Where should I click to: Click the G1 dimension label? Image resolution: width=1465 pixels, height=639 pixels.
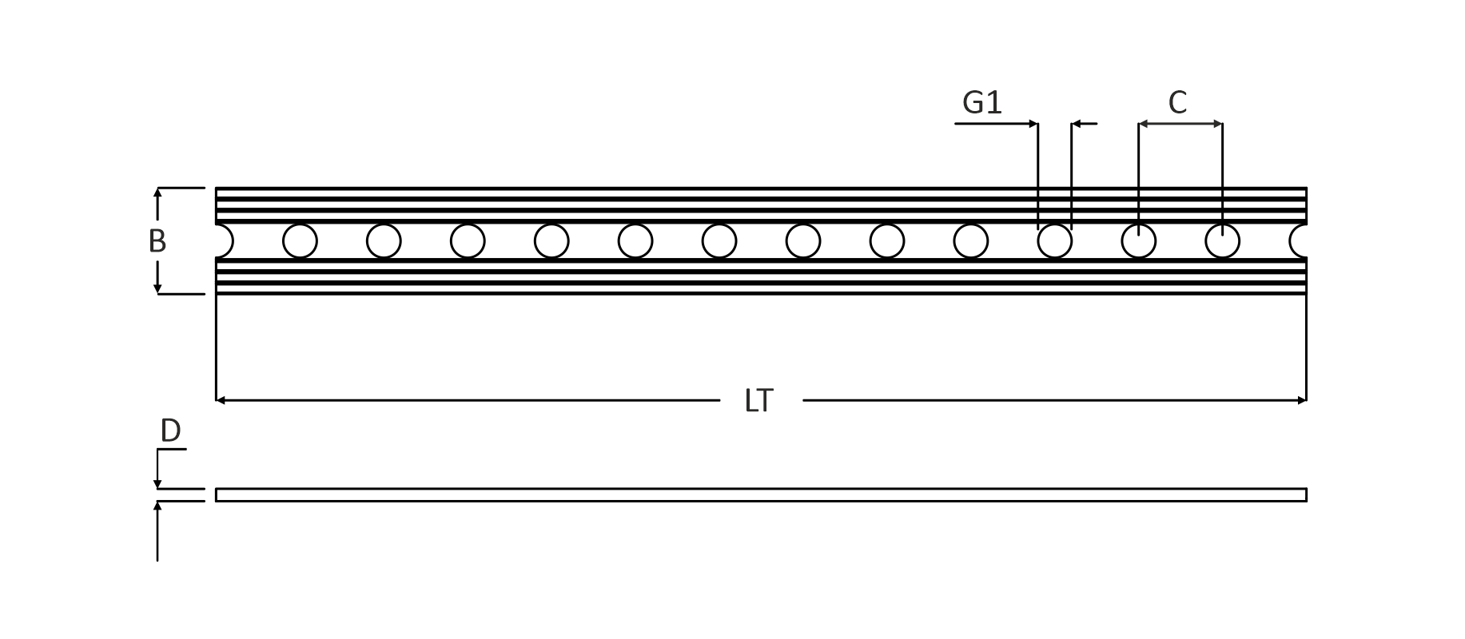pyautogui.click(x=981, y=103)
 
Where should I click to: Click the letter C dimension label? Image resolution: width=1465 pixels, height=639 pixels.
pyautogui.click(x=1177, y=103)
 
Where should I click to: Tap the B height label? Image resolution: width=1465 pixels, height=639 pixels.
pyautogui.click(x=157, y=241)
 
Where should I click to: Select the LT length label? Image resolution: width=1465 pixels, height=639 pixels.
pyautogui.click(x=758, y=401)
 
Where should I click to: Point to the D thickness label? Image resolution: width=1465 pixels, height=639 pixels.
pyautogui.click(x=170, y=431)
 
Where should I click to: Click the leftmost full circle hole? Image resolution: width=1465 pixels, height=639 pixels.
pyautogui.click(x=300, y=241)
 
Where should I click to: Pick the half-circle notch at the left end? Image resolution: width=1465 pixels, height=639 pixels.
pyautogui.click(x=223, y=241)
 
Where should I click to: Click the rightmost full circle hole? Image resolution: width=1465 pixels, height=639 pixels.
pyautogui.click(x=1222, y=241)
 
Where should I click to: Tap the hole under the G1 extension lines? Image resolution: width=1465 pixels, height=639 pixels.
pyautogui.click(x=1054, y=241)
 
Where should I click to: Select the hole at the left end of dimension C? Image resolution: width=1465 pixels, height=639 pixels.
pyautogui.click(x=1138, y=241)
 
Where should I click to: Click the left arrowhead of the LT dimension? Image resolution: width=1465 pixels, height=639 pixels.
pyautogui.click(x=221, y=400)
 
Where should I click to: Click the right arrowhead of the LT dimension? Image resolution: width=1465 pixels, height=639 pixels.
pyautogui.click(x=1302, y=400)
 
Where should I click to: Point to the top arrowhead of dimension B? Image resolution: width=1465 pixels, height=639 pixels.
pyautogui.click(x=157, y=192)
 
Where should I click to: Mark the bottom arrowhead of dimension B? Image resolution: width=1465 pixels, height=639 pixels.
pyautogui.click(x=157, y=289)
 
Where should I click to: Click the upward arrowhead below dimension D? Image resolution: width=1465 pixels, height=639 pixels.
pyautogui.click(x=157, y=506)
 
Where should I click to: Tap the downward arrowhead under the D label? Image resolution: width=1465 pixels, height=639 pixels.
pyautogui.click(x=157, y=483)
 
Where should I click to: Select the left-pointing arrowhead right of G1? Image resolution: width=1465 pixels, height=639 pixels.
pyautogui.click(x=1076, y=124)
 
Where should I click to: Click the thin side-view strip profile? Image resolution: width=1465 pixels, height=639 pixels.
pyautogui.click(x=760, y=495)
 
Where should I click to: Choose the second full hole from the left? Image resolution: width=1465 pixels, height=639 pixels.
pyautogui.click(x=384, y=241)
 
